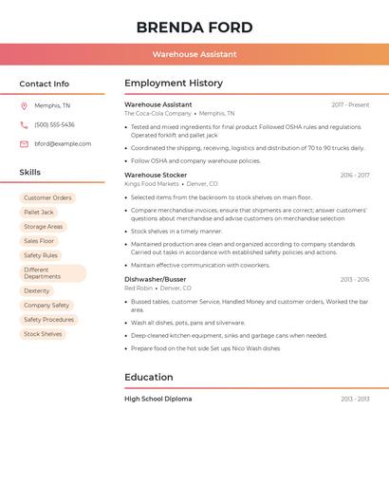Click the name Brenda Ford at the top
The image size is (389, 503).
pos(194,27)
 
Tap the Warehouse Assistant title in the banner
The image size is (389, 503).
pos(194,54)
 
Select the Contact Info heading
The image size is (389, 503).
pos(44,84)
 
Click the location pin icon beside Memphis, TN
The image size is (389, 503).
pos(24,106)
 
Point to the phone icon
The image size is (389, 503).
pos(24,125)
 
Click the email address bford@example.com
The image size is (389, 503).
pos(63,144)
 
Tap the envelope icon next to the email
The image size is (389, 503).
pos(24,144)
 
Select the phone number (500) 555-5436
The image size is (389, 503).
pos(54,125)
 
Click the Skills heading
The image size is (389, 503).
pos(29,173)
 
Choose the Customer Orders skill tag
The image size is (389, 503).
pos(47,198)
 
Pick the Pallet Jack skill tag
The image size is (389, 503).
pos(39,213)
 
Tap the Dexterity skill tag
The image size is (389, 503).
pos(37,291)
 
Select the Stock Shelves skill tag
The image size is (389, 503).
pos(43,334)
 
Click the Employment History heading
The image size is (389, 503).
pos(174,84)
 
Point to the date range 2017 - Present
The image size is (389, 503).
pos(350,105)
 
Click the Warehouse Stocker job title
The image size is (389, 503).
pos(156,176)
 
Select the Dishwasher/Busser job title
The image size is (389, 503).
pos(156,280)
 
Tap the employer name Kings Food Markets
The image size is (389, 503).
pos(152,184)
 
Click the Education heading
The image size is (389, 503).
pos(149,378)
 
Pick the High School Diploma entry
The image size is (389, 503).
pos(158,400)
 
